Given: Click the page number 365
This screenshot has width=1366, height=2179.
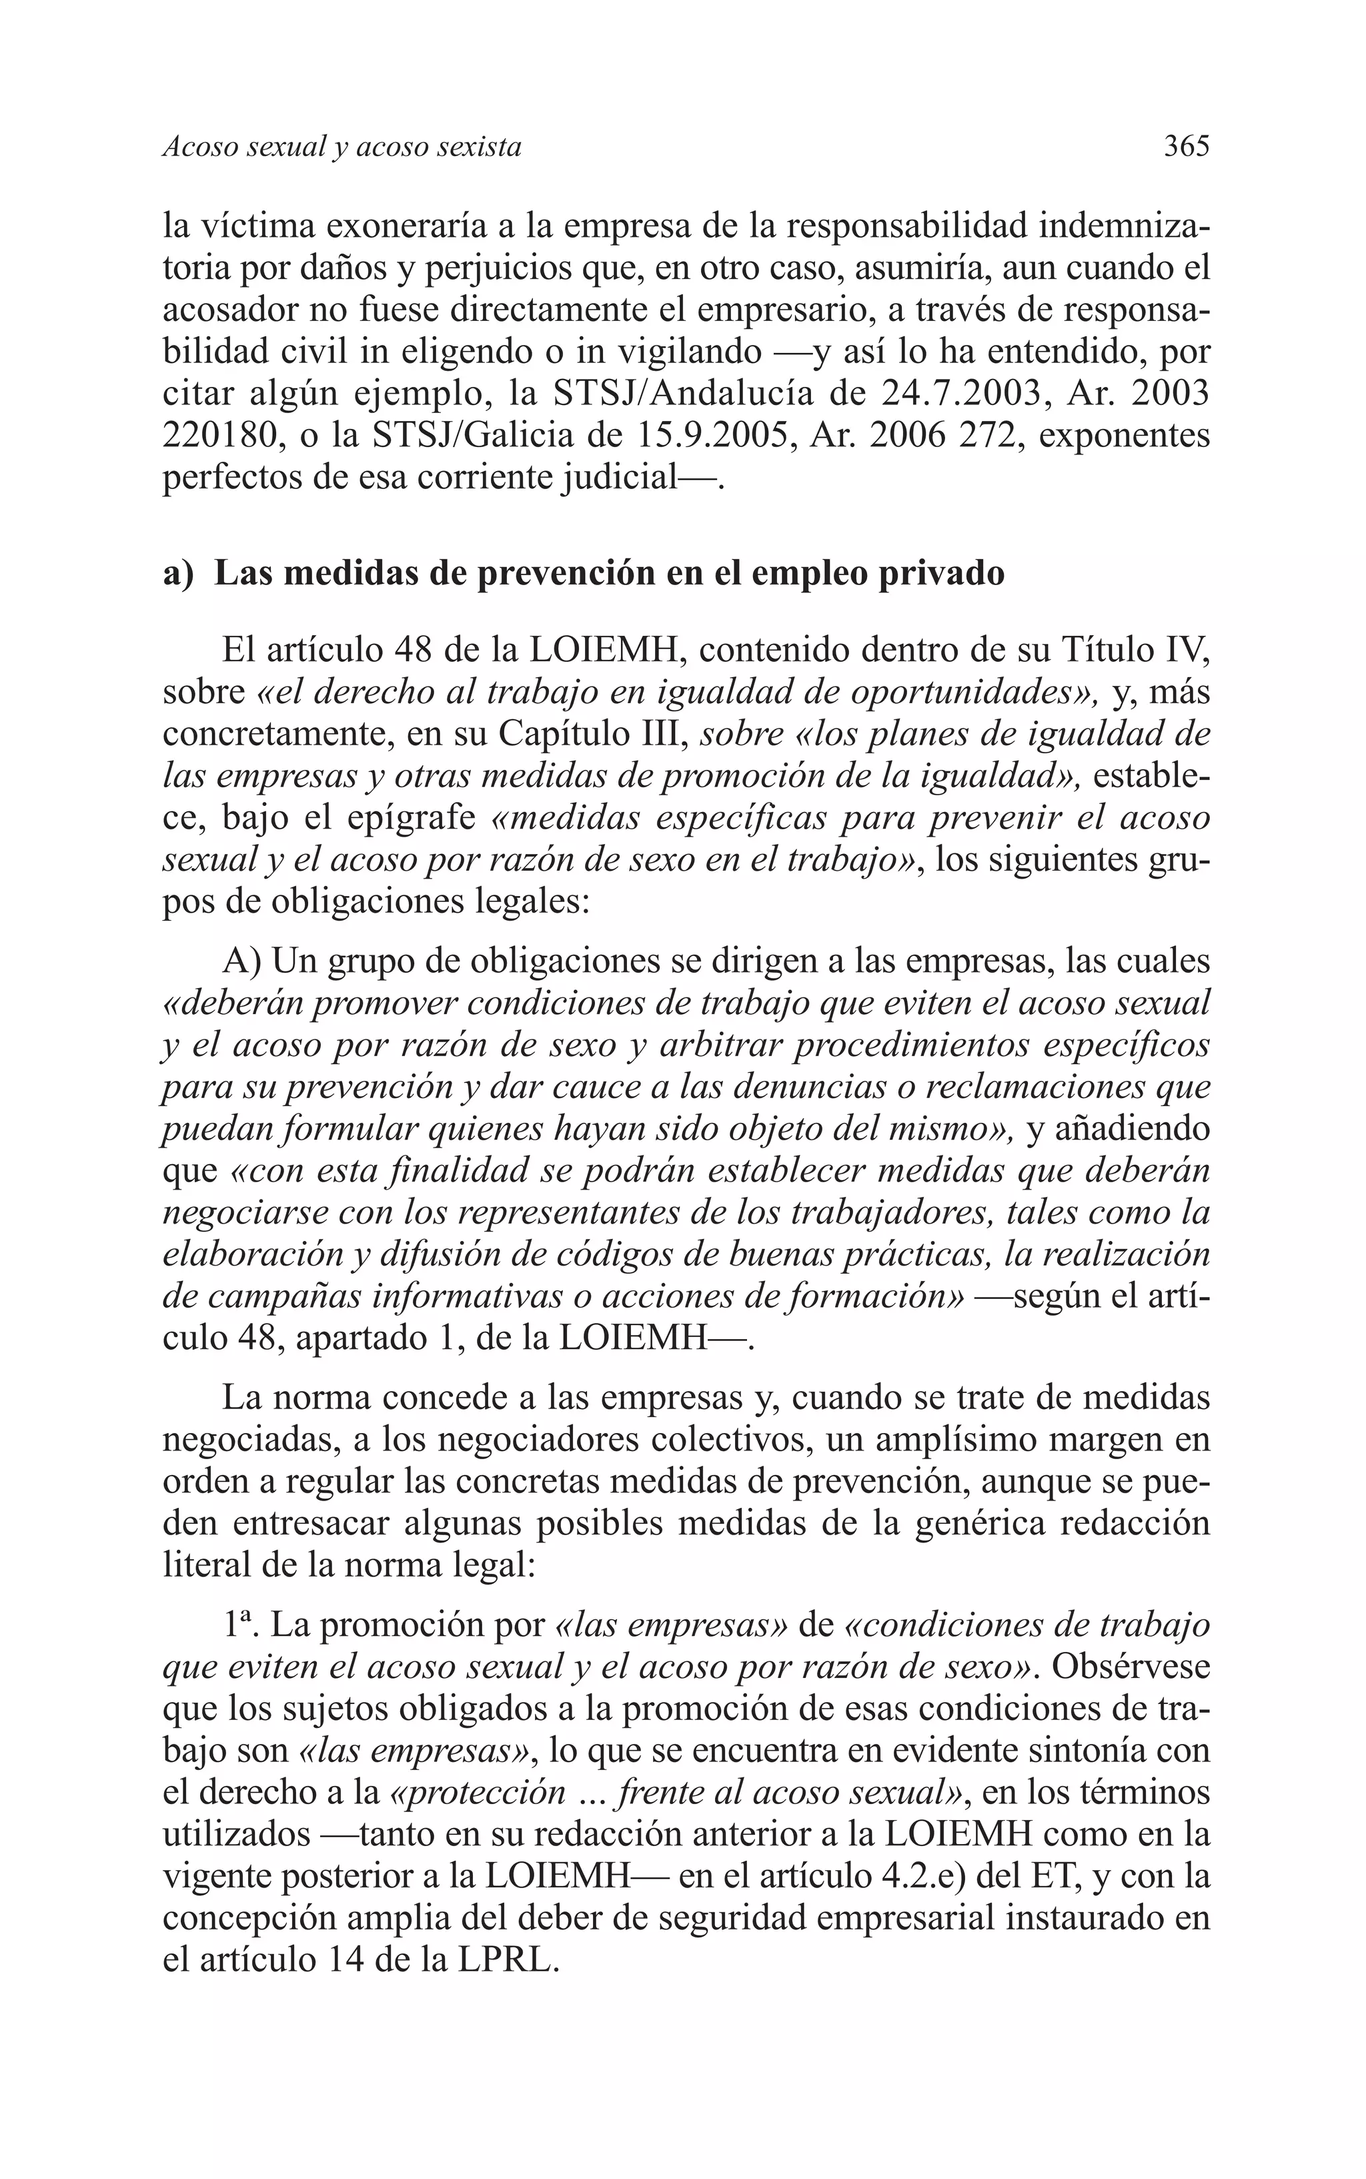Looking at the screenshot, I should click(1185, 146).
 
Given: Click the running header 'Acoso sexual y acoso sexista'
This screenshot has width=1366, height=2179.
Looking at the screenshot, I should click(341, 147).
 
